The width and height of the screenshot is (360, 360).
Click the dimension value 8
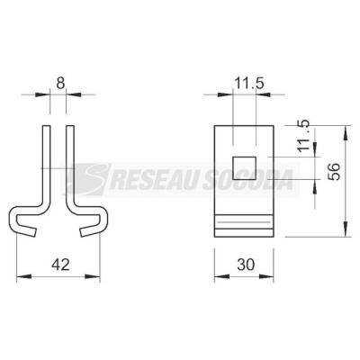pyautogui.click(x=60, y=83)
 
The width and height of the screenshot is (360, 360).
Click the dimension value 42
pyautogui.click(x=60, y=265)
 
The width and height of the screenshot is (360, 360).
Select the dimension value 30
pyautogui.click(x=246, y=265)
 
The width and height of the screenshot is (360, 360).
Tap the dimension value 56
pyautogui.click(x=334, y=171)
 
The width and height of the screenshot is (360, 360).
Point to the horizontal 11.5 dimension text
pyautogui.click(x=249, y=84)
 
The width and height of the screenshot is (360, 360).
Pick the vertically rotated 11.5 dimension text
pyautogui.click(x=303, y=136)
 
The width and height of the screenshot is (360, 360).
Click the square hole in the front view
pyautogui.click(x=245, y=168)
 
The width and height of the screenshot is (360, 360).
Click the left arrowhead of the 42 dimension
pyautogui.click(x=24, y=276)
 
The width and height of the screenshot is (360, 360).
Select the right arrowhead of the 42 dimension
pyautogui.click(x=92, y=276)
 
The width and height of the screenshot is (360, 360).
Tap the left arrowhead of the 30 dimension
pyautogui.click(x=221, y=276)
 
